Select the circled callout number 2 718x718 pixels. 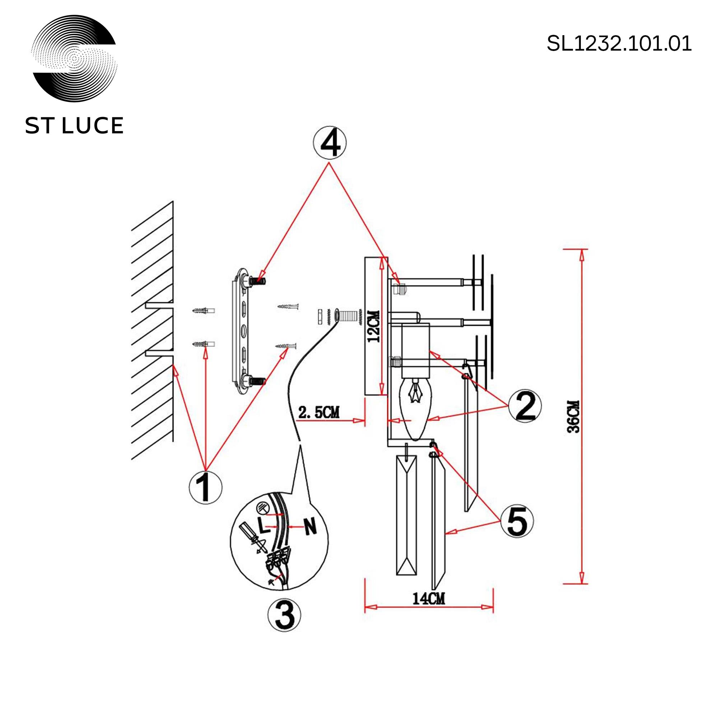(525, 406)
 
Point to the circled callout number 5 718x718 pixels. (517, 521)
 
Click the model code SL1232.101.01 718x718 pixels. (619, 43)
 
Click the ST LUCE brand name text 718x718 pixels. (74, 126)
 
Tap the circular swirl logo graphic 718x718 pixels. (74, 59)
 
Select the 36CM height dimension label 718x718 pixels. (574, 416)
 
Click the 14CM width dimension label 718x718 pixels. (429, 599)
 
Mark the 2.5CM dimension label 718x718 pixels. (319, 412)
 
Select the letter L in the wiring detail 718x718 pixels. (262, 525)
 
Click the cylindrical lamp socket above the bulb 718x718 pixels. (416, 350)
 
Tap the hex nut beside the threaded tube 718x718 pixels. (320, 317)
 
